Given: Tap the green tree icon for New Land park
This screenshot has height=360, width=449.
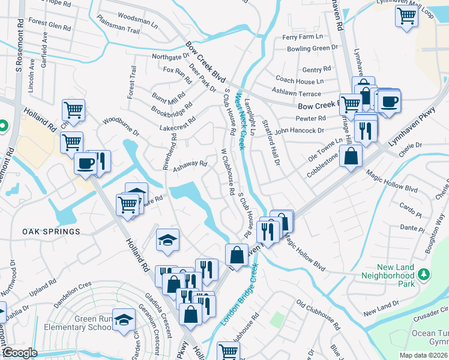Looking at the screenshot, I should tap(424, 274).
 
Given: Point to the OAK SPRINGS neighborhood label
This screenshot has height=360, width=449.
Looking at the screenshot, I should tap(51, 231).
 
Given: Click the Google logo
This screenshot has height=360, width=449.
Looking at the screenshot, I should tap(20, 353).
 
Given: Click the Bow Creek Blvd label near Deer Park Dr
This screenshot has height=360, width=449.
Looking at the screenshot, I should tap(205, 62).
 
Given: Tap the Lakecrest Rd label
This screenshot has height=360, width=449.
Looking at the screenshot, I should tap(178, 123).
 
